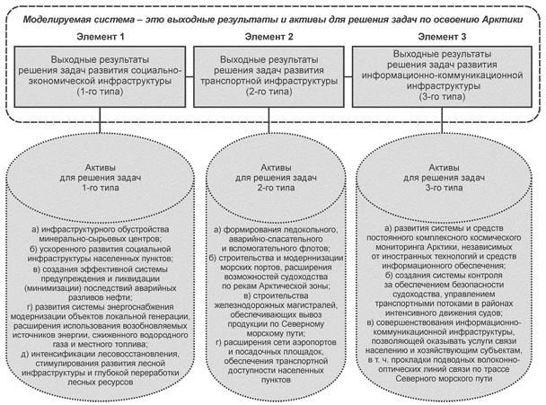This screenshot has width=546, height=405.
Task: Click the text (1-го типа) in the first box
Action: tap(91, 92)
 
